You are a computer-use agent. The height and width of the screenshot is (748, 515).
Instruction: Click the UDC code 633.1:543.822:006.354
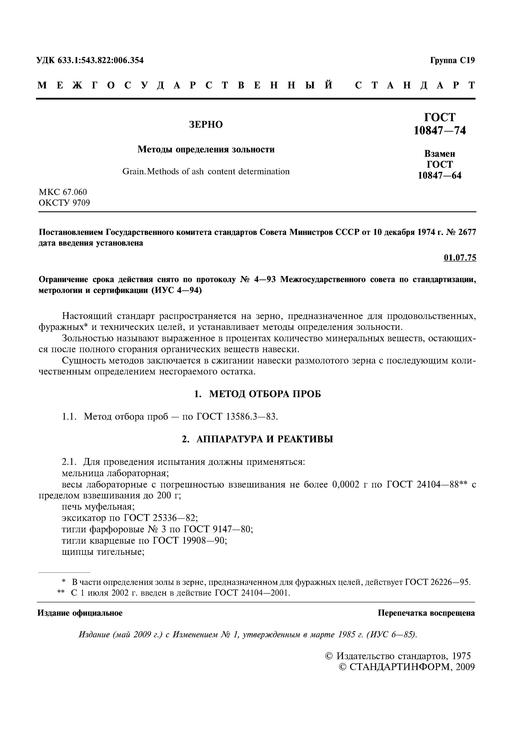coord(100,60)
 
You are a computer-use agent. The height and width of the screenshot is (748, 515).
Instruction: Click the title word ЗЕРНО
coord(206,125)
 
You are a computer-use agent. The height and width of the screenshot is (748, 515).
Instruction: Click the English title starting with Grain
coord(206,172)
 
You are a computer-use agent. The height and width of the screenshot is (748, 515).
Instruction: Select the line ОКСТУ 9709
coord(64,203)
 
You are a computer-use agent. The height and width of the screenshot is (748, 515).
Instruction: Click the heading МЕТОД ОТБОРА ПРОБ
coord(265,394)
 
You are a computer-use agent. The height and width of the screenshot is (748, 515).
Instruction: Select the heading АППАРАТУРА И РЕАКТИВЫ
coord(265,439)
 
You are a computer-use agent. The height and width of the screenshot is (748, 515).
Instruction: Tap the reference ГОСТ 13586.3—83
coord(237,417)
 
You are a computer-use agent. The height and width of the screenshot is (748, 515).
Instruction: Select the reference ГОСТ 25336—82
coord(160,518)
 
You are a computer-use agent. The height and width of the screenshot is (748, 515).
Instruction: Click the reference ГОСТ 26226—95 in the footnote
coord(438,582)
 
